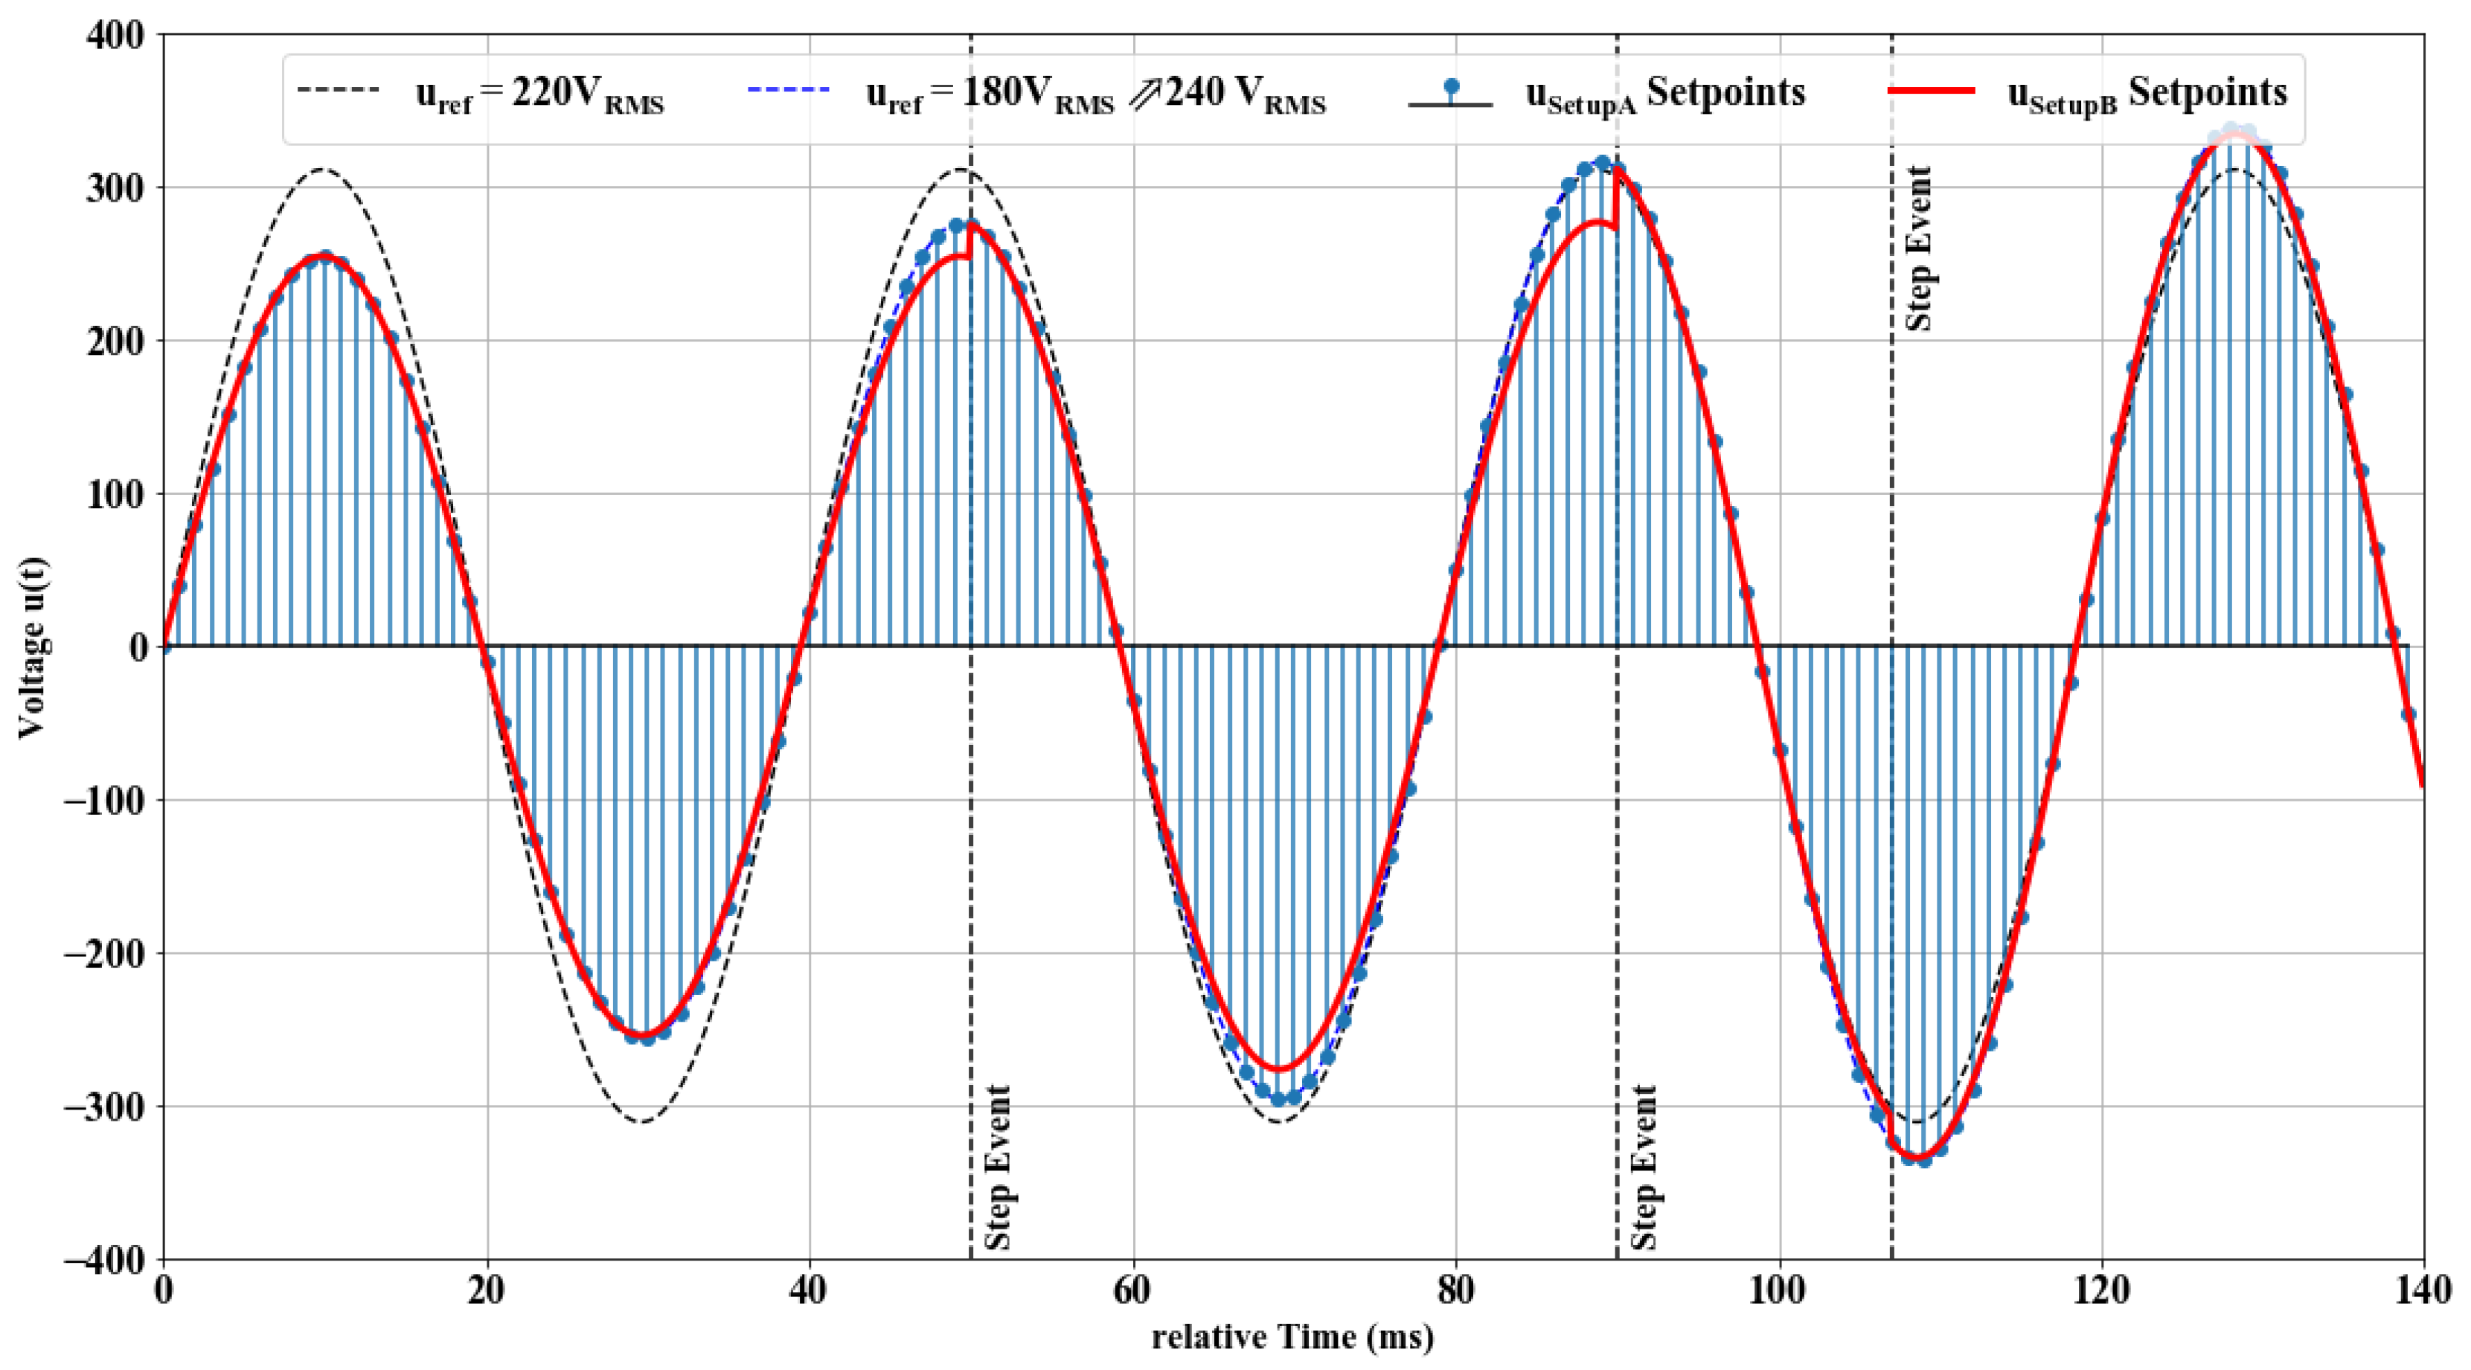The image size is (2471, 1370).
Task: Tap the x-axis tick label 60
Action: click(1133, 1291)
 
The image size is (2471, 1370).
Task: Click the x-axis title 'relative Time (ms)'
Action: click(1293, 1337)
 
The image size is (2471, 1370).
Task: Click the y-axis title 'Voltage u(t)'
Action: click(33, 647)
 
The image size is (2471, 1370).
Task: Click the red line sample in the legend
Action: click(1931, 90)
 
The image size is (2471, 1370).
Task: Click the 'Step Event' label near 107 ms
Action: click(1918, 249)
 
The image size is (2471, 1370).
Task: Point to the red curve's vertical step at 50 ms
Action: click(971, 242)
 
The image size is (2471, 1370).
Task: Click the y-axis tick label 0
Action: click(138, 647)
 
